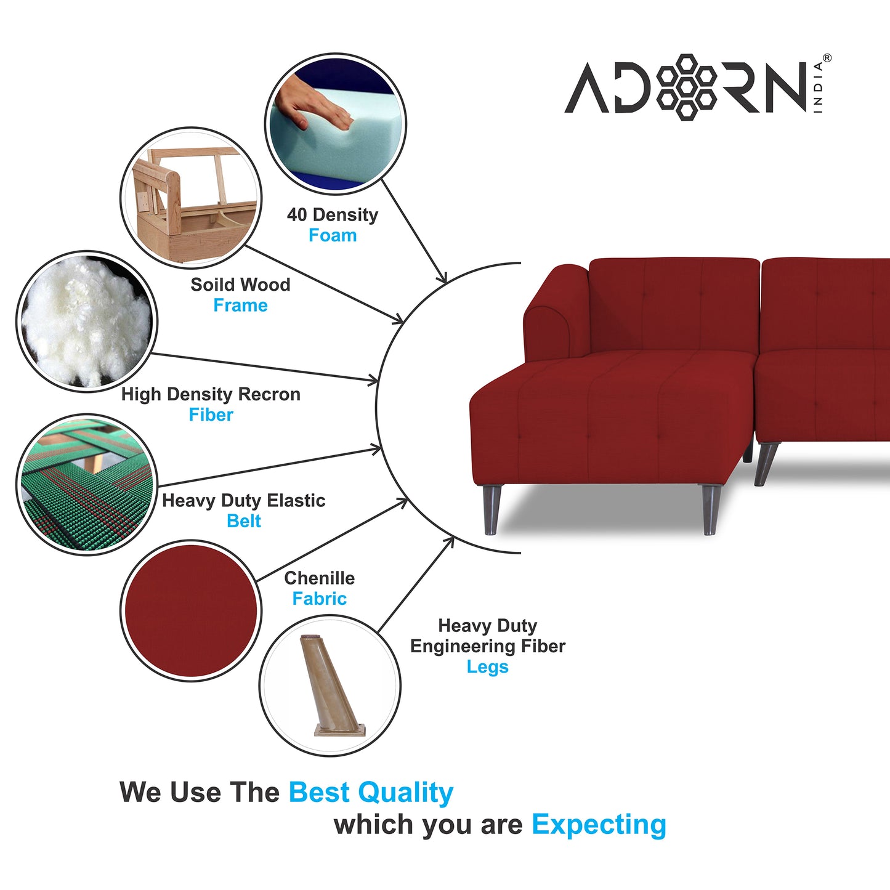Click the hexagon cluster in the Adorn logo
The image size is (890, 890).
686,87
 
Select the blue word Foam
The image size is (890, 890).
333,235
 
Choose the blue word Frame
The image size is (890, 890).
240,305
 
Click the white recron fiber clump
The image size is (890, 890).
87,322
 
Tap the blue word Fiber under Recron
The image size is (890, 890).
211,415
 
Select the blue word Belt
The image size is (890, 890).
244,521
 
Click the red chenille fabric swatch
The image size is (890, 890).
191,610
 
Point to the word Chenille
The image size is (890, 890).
319,578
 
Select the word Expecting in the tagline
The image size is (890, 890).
599,825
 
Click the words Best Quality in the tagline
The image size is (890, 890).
371,793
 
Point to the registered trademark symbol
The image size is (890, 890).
827,58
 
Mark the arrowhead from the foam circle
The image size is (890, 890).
442,277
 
